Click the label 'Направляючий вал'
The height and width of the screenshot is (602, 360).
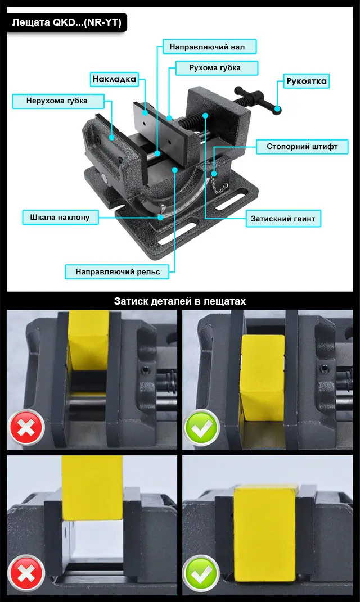(209, 47)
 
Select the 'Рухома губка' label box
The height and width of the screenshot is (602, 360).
(217, 68)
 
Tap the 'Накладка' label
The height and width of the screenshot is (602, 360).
(115, 79)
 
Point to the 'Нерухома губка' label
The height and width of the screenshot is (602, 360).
(58, 101)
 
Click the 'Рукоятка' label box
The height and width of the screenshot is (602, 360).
(307, 81)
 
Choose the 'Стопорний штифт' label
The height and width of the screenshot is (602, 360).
(302, 147)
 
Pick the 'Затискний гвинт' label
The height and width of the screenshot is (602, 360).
(283, 219)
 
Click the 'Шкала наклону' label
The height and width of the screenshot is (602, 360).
(60, 218)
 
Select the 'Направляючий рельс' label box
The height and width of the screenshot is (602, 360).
(117, 272)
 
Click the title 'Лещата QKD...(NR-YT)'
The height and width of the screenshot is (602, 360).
(67, 22)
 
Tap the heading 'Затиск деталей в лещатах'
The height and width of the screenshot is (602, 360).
(180, 301)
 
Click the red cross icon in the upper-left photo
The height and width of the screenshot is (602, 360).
(26, 428)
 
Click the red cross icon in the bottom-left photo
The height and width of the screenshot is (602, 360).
(26, 573)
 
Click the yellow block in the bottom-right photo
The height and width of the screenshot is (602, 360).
(265, 538)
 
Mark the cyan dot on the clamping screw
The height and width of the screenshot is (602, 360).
(205, 115)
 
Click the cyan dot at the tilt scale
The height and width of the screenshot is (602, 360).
(160, 218)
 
